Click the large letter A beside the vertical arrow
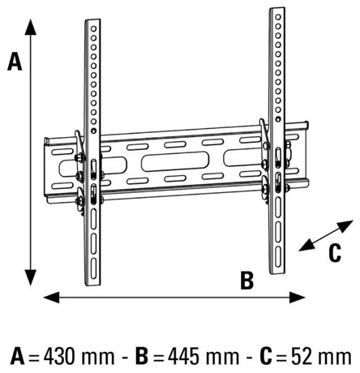click(15, 62)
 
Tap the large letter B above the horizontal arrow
click(247, 281)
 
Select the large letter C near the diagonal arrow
click(335, 253)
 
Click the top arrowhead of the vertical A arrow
click(31, 27)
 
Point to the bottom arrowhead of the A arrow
click(31, 277)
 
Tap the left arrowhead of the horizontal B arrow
click(51, 298)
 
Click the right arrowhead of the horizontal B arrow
click(298, 298)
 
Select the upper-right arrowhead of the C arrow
click(346, 225)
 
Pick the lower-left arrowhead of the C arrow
click(306, 245)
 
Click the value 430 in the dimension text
click(60, 356)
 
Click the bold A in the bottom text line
click(18, 356)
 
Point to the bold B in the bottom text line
click(142, 356)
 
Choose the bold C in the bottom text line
click(266, 356)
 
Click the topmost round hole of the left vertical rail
click(93, 28)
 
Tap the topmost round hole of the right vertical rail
click(278, 17)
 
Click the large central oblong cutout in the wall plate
click(175, 161)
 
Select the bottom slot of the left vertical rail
click(93, 268)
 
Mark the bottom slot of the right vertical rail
click(278, 257)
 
